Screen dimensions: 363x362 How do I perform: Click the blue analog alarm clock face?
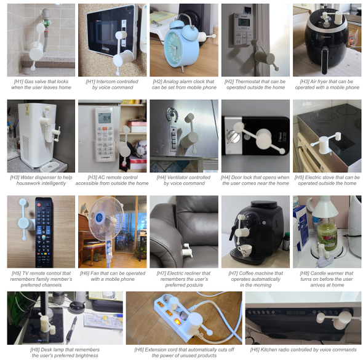[172, 46]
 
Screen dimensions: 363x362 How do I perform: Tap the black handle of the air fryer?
[325, 60]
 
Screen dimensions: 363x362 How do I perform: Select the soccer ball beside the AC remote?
[141, 149]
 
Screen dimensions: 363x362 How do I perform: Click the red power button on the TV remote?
[39, 205]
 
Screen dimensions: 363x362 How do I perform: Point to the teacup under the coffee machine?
[244, 250]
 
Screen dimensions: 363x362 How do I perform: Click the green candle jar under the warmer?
[327, 235]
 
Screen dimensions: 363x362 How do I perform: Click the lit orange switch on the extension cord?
[177, 321]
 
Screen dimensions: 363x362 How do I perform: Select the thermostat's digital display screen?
[244, 22]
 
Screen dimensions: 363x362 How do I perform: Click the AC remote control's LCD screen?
[105, 118]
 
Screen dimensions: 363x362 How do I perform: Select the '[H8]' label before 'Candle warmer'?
[305, 273]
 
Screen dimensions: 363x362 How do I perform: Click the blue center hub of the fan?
[99, 218]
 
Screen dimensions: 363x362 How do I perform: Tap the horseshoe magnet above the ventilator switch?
[171, 115]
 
